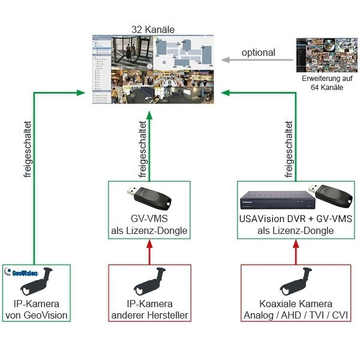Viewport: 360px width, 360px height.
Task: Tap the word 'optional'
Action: click(258, 53)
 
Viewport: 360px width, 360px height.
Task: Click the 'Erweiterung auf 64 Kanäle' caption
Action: click(327, 83)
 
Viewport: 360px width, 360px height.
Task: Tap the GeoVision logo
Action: click(26, 272)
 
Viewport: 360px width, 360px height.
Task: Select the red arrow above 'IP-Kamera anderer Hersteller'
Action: click(149, 250)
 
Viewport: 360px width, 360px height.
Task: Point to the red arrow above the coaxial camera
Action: click(296, 250)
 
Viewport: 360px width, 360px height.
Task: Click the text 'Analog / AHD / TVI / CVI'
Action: click(296, 316)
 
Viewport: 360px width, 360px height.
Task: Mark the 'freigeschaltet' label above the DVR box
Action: click(290, 150)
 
